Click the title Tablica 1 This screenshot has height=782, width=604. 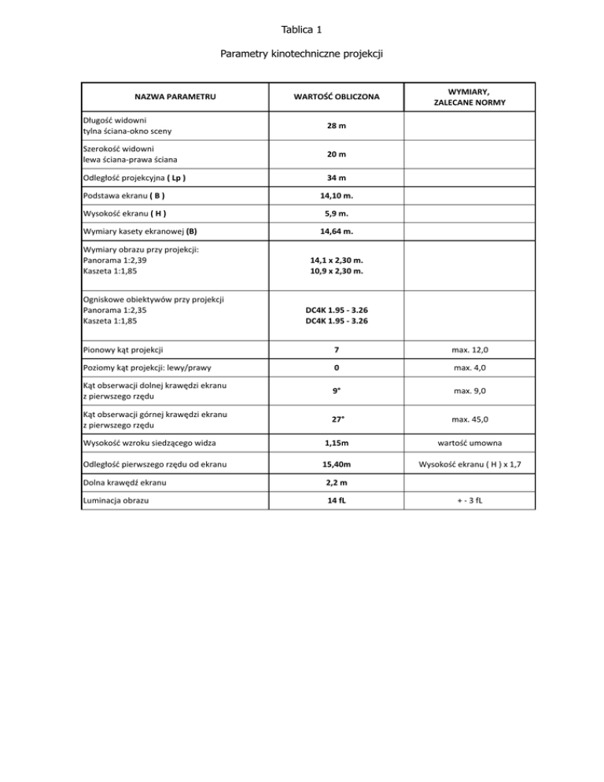(301, 30)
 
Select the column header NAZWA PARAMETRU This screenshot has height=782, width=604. (175, 97)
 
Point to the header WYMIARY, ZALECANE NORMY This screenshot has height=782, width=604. (470, 97)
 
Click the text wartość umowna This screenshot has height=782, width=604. (470, 444)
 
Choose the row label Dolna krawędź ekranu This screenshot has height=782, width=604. (121, 481)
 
